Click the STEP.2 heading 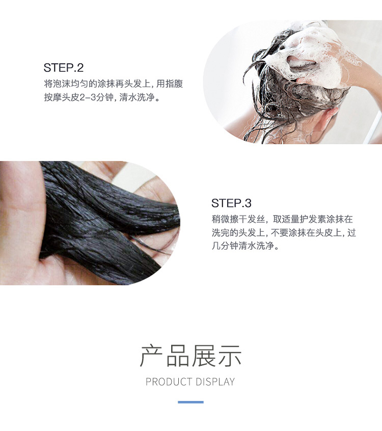click(64, 68)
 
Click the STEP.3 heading click(231, 203)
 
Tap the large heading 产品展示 click(190, 356)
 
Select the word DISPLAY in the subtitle click(215, 382)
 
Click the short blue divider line click(190, 402)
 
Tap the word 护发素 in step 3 click(312, 219)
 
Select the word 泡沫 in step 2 click(62, 84)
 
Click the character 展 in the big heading click(203, 356)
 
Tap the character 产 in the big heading click(152, 356)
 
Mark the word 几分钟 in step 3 click(225, 246)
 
